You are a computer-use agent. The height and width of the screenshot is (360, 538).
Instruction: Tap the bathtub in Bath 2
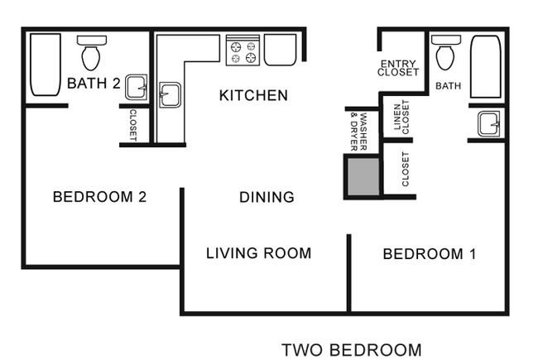point(46,65)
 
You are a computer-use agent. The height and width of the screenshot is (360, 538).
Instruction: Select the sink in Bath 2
point(137,87)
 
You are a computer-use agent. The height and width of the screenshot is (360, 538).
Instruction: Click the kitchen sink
point(171,94)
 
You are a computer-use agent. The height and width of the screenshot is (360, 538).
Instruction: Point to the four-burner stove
point(243,50)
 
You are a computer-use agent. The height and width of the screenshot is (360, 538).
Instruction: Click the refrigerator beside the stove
point(280,50)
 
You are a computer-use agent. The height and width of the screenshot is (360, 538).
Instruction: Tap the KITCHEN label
point(253,95)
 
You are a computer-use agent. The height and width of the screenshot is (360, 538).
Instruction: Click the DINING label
point(267,197)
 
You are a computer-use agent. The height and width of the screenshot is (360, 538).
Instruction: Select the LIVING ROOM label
point(259,253)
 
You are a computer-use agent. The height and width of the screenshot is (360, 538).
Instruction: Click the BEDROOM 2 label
point(100,197)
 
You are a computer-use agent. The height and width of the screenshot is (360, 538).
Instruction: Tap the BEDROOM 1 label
point(430,254)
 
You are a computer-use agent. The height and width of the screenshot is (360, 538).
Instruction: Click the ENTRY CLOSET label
point(398,68)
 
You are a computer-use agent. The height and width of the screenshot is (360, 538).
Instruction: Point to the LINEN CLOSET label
point(401,117)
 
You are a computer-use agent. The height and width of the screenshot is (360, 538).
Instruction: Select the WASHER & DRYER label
point(359,132)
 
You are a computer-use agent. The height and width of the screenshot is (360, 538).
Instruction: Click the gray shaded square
point(363,176)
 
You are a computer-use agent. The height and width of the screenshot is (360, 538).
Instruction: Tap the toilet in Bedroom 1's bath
point(445,52)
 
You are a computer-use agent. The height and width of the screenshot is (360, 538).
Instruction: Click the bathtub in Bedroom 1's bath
point(486,66)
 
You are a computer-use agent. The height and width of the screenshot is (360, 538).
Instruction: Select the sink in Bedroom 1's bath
point(488,123)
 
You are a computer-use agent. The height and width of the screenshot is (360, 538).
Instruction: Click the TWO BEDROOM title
point(352,350)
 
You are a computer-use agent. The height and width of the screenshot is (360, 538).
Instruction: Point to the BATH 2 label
point(94,83)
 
